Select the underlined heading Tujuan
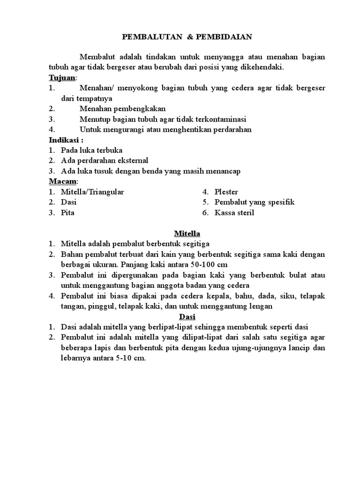pyautogui.click(x=62, y=77)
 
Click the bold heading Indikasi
pyautogui.click(x=64, y=140)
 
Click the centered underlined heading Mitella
pyautogui.click(x=187, y=233)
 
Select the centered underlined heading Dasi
pyautogui.click(x=187, y=316)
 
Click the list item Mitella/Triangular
pyautogui.click(x=92, y=192)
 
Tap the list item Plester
pyautogui.click(x=226, y=192)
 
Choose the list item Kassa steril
pyautogui.click(x=234, y=212)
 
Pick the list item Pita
pyautogui.click(x=67, y=212)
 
